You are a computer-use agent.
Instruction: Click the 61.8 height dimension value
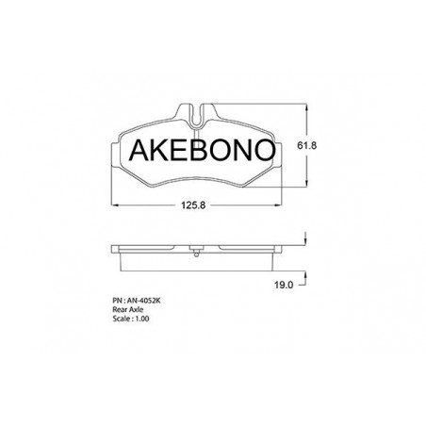306,145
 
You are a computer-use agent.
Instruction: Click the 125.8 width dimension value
193,205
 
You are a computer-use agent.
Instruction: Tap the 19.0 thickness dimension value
284,285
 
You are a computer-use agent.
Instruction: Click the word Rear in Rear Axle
120,309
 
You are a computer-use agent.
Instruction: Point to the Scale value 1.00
142,319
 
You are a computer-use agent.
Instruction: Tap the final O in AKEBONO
264,150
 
